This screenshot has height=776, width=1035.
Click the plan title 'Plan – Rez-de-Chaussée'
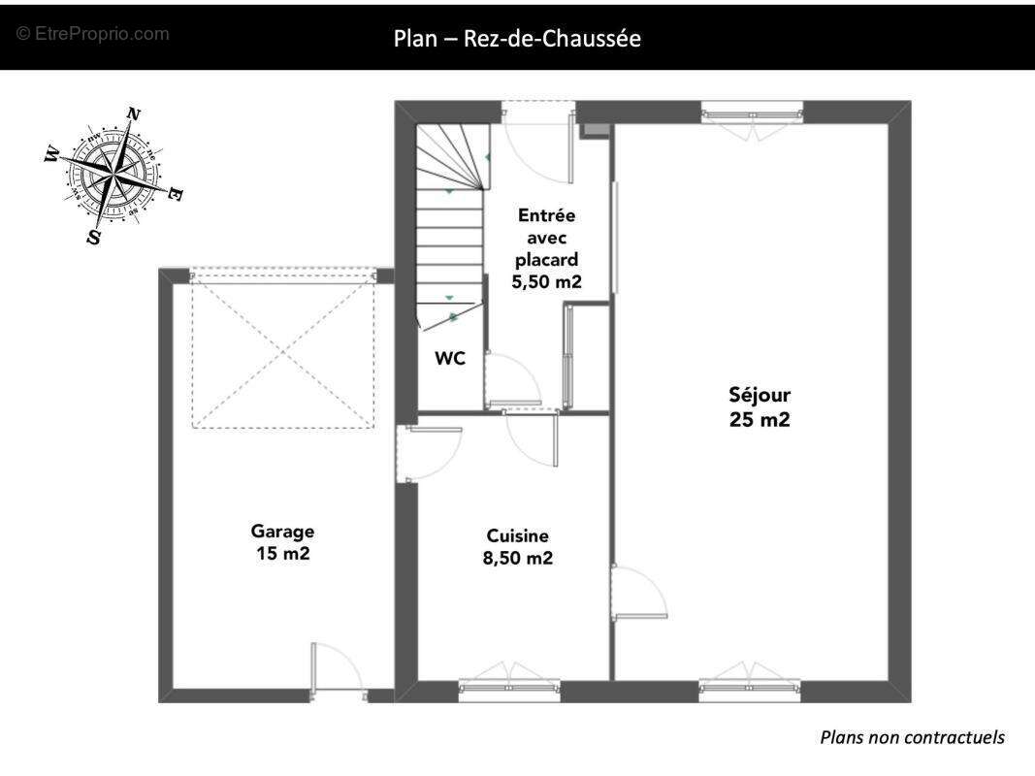[517, 38]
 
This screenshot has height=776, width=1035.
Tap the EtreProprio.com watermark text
[92, 34]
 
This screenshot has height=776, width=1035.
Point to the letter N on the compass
[133, 114]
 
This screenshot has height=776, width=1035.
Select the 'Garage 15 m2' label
[282, 542]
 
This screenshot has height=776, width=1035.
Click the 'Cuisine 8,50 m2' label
[518, 546]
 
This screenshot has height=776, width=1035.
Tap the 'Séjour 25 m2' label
[760, 406]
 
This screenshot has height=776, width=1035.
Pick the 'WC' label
[449, 358]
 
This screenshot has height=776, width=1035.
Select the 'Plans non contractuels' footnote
[912, 737]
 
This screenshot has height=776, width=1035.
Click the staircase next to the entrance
[450, 223]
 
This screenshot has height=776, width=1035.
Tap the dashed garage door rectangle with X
[283, 349]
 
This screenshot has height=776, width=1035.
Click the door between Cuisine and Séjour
[638, 592]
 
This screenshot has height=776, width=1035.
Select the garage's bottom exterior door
[336, 669]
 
